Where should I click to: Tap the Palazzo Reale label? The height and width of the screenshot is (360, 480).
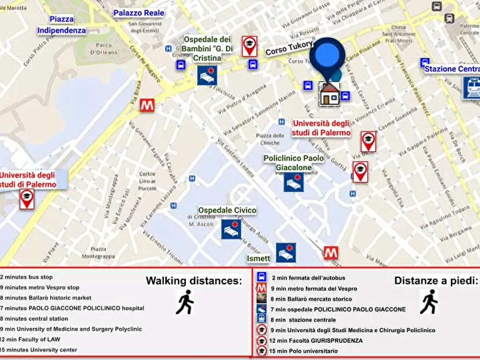tap(139, 13)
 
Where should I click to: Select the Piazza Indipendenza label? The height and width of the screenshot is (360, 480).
tap(61, 25)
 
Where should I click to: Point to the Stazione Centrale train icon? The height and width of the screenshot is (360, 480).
tap(471, 88)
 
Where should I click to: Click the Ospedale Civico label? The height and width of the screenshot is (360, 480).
tap(227, 210)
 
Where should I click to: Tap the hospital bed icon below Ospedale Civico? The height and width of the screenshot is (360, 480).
tap(231, 229)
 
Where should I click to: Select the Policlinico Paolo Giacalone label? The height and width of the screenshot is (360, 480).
tap(293, 163)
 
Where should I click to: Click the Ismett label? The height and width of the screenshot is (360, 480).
tap(259, 258)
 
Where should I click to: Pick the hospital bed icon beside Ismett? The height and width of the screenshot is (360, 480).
tap(286, 253)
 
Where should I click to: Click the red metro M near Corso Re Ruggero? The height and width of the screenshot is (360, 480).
tap(147, 105)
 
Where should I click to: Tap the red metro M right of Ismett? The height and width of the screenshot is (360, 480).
tap(331, 253)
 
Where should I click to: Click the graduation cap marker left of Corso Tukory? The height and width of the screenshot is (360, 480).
tap(249, 46)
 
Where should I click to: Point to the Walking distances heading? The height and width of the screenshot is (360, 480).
tap(194, 280)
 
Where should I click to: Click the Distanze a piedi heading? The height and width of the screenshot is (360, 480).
tap(435, 280)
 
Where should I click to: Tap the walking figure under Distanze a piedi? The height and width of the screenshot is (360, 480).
tap(428, 302)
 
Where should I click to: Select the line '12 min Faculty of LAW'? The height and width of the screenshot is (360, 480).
tap(31, 340)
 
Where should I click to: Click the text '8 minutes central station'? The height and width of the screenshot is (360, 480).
tap(34, 319)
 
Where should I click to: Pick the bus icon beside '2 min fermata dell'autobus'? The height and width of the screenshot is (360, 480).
tap(262, 278)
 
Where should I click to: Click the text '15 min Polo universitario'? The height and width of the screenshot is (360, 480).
tap(305, 351)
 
